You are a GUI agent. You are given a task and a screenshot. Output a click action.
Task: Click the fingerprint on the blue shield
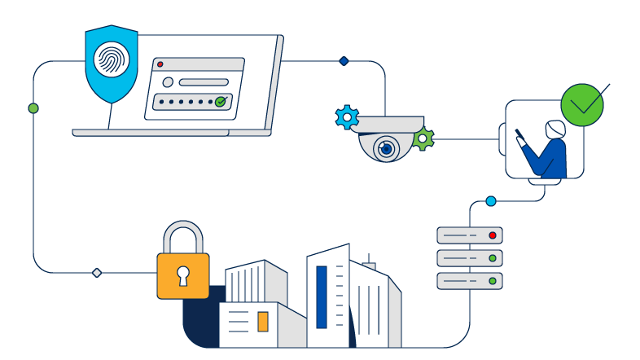(x=110, y=60)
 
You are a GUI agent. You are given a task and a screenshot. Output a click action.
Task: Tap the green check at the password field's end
(x=220, y=102)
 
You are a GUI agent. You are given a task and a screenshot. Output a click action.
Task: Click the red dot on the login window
(x=160, y=64)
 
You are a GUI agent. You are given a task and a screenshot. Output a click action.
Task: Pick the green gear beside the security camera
(x=423, y=138)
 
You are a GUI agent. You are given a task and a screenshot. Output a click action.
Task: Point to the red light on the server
(x=492, y=235)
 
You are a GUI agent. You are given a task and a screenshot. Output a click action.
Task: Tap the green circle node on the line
(x=33, y=108)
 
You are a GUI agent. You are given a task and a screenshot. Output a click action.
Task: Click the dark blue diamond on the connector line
(x=344, y=61)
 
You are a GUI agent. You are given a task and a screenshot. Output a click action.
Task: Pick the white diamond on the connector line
(x=97, y=272)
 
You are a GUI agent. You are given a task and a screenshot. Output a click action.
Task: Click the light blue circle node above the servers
(x=490, y=200)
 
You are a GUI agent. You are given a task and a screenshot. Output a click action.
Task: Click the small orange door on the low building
(x=263, y=322)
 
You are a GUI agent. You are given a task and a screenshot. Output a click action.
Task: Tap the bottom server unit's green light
(x=492, y=281)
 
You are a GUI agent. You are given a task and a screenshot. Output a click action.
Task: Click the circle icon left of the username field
(x=168, y=82)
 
